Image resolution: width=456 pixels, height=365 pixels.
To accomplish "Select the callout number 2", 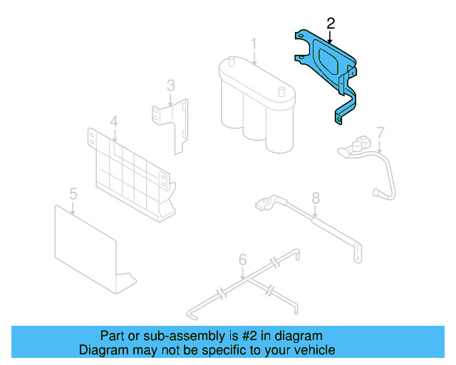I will tap(331, 23).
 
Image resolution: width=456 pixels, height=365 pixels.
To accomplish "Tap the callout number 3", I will tap(171, 86).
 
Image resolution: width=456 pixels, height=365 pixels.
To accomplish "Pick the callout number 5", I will tap(73, 193).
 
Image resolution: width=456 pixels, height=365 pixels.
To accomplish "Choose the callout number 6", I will tap(242, 259).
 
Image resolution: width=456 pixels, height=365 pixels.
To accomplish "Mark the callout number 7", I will tap(380, 132).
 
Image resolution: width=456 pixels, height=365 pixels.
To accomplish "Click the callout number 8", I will tap(316, 197).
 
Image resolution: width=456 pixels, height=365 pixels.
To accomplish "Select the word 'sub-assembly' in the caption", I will tap(179, 336).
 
